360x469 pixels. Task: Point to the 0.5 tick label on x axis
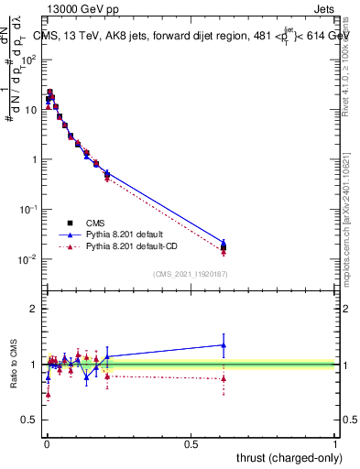click(x=191, y=444)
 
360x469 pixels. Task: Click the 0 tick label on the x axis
click(x=47, y=444)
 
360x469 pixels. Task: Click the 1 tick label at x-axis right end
click(x=335, y=444)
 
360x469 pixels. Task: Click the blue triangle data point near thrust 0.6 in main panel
click(x=224, y=243)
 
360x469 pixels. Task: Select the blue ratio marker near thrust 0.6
click(x=224, y=345)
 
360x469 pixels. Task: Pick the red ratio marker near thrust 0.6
click(x=224, y=378)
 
